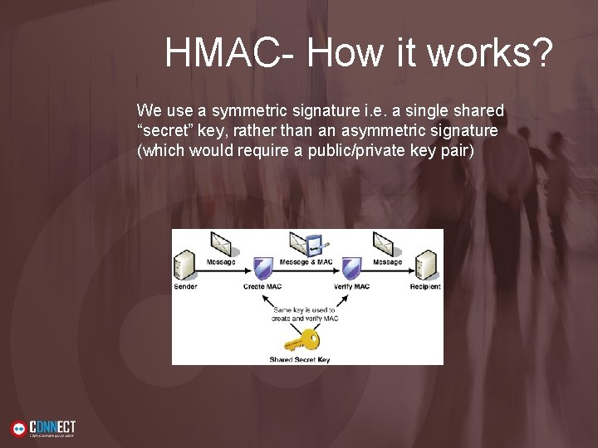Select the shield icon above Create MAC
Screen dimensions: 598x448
point(263,268)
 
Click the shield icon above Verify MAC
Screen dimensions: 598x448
point(350,268)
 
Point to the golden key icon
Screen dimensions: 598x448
point(301,341)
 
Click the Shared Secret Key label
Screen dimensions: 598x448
point(300,359)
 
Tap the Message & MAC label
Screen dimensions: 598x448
point(306,262)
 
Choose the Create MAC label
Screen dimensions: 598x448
point(264,287)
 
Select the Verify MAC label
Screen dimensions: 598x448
point(351,287)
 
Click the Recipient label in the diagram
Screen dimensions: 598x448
point(425,287)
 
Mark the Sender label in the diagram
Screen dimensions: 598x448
point(185,287)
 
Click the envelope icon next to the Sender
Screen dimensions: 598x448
point(222,243)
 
